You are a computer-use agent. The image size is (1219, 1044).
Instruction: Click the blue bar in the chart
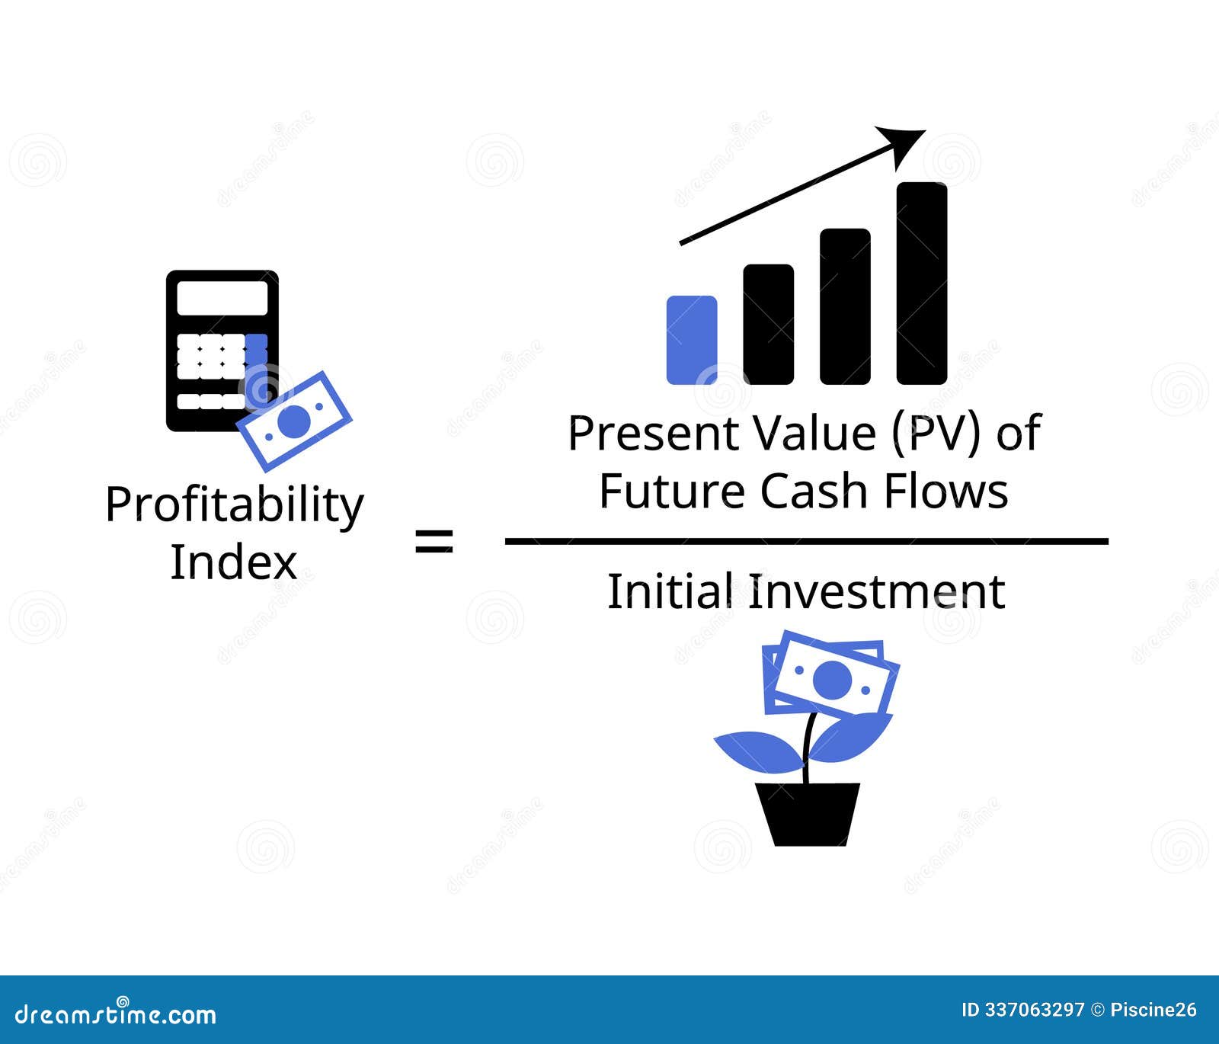[691, 340]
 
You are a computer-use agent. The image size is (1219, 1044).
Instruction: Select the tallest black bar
[921, 283]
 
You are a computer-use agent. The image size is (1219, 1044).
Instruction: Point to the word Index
[233, 562]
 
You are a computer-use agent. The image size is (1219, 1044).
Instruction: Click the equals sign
[434, 542]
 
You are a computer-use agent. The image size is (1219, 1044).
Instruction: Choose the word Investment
[877, 592]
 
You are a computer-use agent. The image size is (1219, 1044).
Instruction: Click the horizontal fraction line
[806, 542]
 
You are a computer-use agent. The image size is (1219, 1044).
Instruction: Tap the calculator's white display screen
[222, 297]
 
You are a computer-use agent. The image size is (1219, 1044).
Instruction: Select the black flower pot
[808, 813]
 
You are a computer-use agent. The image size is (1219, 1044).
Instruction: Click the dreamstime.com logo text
[116, 1014]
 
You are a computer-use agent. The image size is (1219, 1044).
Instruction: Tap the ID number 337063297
[1034, 1010]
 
